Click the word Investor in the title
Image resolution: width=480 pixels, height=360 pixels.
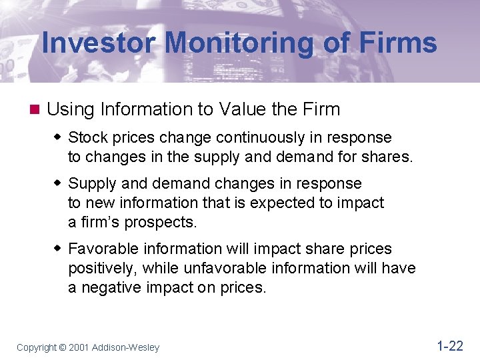(x=98, y=44)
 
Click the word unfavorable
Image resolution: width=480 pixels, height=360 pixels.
(x=247, y=268)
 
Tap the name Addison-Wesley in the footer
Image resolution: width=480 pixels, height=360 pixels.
(x=126, y=347)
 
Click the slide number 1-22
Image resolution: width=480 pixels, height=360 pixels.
(x=449, y=345)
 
